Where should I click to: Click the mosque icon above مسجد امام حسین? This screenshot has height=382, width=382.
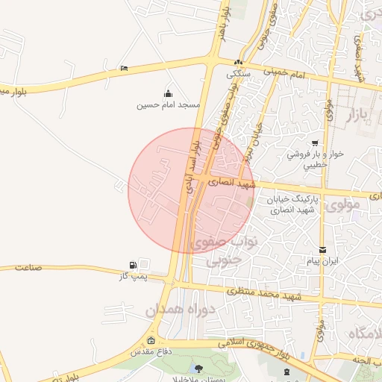[168, 93]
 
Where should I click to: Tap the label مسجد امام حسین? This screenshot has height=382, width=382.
[168, 105]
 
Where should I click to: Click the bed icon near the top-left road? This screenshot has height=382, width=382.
[124, 69]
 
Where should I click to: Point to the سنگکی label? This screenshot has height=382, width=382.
[238, 74]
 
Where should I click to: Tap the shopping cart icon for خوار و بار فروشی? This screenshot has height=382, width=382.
[316, 143]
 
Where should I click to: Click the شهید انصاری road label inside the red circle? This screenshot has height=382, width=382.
[232, 181]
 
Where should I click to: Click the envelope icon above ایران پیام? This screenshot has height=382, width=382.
[322, 250]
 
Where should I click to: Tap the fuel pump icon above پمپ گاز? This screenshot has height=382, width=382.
[133, 265]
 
